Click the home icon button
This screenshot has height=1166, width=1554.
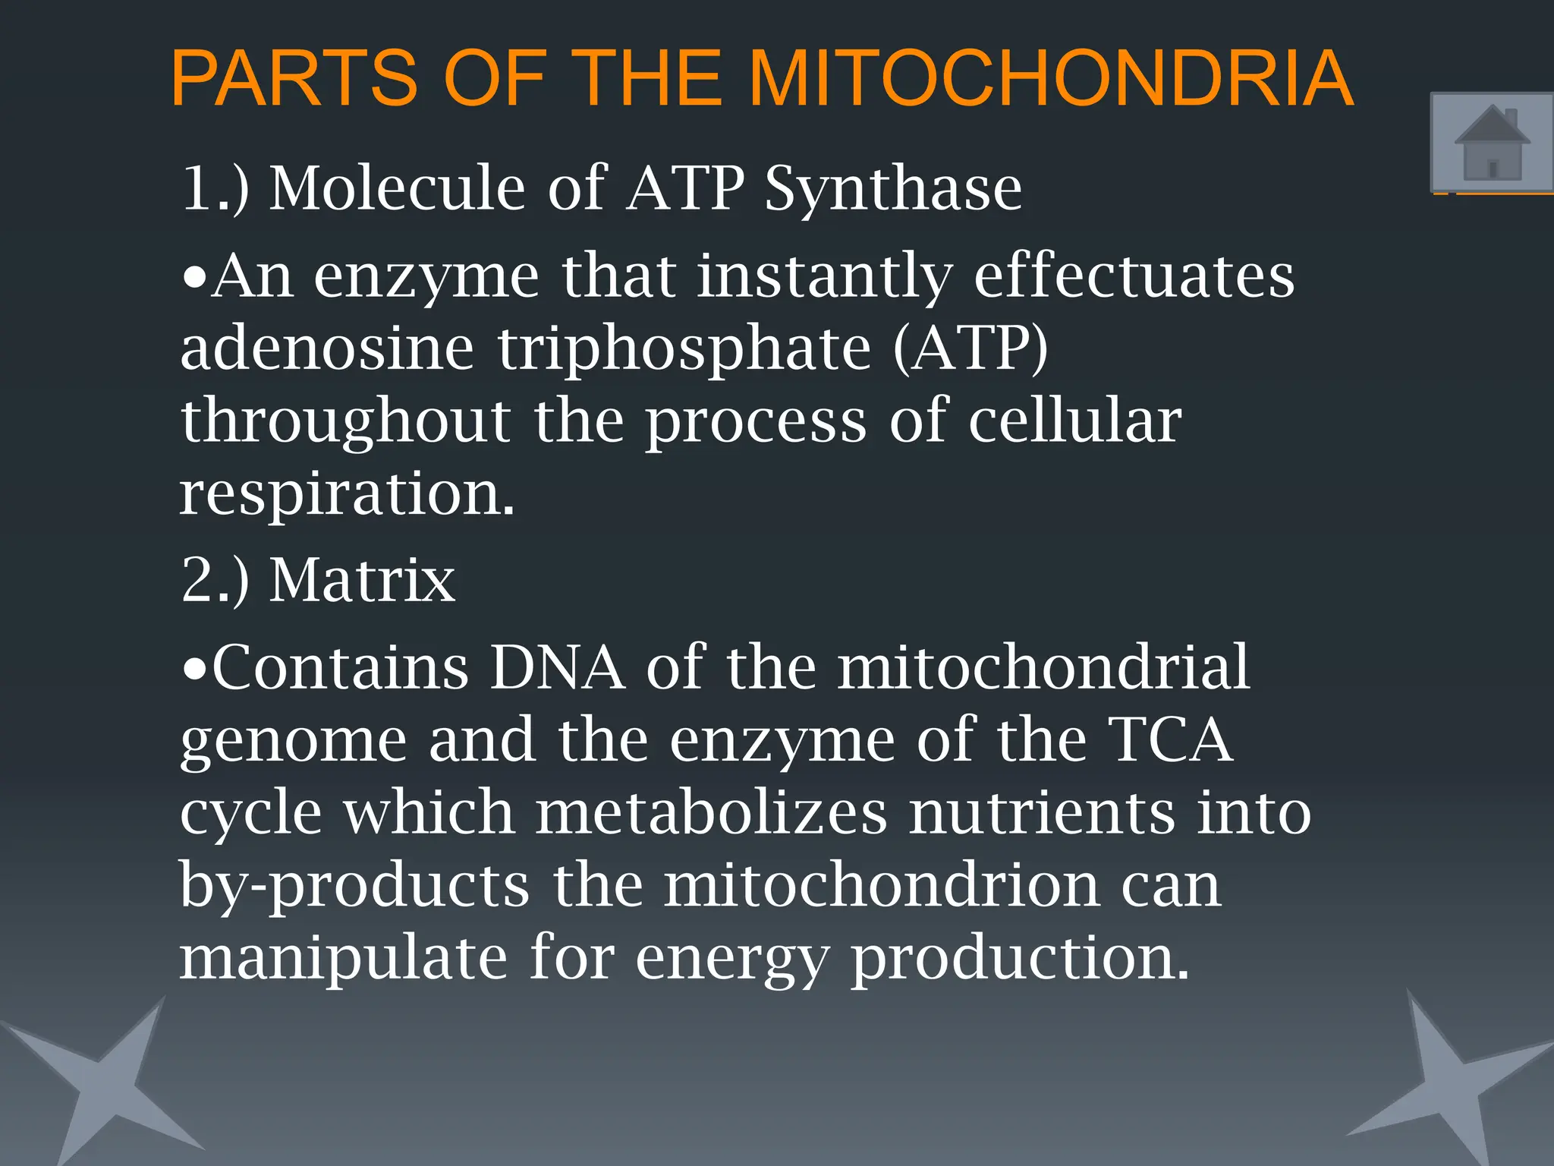pos(1492,143)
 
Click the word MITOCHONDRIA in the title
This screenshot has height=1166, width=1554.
pos(1051,79)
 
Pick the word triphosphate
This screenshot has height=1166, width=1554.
pos(684,349)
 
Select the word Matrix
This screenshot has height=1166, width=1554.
pos(363,580)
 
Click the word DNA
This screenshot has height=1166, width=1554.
pos(558,667)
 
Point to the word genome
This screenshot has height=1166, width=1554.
pos(294,742)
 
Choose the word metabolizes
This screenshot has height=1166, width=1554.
pos(711,812)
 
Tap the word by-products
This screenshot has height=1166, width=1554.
pos(354,886)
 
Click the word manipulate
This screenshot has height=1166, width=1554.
pos(343,959)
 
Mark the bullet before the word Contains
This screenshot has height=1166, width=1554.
pos(195,669)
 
